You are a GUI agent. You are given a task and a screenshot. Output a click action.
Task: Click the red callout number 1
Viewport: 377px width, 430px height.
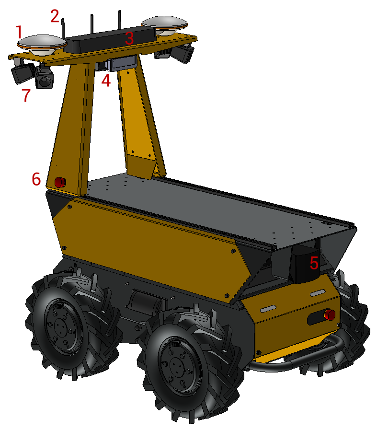point(19,32)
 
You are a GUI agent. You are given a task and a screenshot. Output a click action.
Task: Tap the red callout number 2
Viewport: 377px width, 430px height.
point(55,16)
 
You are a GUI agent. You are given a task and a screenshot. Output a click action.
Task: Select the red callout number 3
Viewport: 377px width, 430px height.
point(129,38)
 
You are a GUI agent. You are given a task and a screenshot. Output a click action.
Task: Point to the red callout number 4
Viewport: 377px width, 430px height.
point(106,81)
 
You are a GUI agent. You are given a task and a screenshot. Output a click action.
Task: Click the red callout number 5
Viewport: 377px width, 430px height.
point(314,263)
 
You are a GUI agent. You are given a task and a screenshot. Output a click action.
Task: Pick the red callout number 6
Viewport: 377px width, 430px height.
point(36,179)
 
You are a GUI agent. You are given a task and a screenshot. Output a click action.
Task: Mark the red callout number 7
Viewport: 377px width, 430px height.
point(26,95)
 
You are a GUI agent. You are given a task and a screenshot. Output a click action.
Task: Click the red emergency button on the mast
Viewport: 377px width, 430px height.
point(60,182)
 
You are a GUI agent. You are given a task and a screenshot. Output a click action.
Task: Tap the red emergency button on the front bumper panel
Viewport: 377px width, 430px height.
point(330,314)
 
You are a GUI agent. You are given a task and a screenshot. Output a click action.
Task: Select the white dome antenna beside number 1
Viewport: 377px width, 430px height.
point(42,44)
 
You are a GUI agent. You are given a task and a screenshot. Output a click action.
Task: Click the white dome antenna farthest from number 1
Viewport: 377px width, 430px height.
point(164,25)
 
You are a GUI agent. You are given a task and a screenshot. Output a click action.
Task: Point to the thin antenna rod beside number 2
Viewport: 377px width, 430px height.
point(63,29)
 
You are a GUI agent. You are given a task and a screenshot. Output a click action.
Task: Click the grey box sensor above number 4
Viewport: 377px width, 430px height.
point(122,63)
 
